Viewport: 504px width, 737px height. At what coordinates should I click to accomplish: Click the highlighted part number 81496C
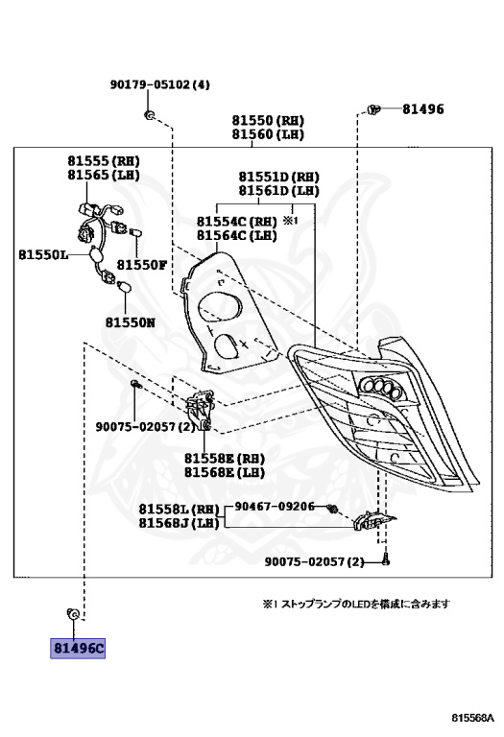(x=78, y=648)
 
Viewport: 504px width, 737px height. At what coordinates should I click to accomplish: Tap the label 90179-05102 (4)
(x=160, y=84)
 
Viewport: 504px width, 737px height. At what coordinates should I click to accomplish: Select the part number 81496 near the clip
(x=423, y=109)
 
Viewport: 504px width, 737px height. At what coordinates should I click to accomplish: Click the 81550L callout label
(x=43, y=254)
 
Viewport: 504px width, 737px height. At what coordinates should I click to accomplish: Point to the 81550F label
(x=142, y=265)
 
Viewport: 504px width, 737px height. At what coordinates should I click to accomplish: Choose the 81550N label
(x=131, y=322)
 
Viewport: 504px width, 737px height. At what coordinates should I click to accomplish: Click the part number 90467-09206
(x=275, y=507)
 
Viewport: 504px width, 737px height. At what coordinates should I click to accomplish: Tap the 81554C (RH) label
(x=236, y=222)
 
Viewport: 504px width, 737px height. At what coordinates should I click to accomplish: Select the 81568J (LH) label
(x=180, y=523)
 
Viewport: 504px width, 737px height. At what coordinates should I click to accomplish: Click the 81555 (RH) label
(x=104, y=161)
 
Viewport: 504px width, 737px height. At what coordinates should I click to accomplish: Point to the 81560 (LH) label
(x=268, y=134)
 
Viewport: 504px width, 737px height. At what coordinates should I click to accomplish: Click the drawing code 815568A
(x=473, y=718)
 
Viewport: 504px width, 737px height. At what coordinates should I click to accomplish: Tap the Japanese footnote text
(x=356, y=604)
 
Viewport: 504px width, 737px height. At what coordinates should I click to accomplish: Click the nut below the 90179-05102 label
(x=149, y=115)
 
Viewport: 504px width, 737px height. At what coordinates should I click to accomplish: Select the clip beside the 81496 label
(x=372, y=110)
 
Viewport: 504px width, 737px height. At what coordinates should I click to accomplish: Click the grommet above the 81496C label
(x=73, y=613)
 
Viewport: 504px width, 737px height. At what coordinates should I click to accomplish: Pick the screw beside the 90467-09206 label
(x=332, y=508)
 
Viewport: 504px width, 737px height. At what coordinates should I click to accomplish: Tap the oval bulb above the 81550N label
(x=125, y=286)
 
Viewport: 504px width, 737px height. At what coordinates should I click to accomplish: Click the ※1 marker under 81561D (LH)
(x=291, y=220)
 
